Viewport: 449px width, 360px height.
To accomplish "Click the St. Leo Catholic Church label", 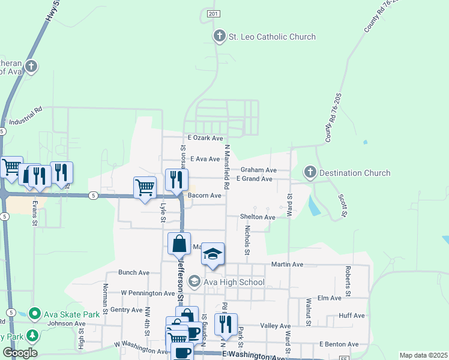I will (271, 37).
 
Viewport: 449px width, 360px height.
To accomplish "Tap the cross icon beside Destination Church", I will (310, 173).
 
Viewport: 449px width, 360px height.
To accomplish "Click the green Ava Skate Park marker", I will (35, 314).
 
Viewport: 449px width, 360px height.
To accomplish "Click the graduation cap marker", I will (212, 254).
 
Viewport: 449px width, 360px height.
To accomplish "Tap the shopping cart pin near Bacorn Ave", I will (145, 188).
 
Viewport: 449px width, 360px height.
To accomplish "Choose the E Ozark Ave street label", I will (205, 138).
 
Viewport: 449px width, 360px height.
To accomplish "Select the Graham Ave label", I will (259, 170).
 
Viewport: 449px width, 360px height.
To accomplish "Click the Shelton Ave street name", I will (258, 217).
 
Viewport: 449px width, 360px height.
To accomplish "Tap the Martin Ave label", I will (287, 264).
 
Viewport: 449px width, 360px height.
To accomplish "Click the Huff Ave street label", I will (352, 316).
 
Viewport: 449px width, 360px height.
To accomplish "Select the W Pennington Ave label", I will (148, 293).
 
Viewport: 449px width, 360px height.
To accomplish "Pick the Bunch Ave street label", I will (134, 272).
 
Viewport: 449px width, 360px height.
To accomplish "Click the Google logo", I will (20, 353).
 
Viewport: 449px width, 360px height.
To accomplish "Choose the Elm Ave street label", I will (329, 298).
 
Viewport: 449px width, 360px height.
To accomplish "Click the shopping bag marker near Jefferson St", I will (179, 244).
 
